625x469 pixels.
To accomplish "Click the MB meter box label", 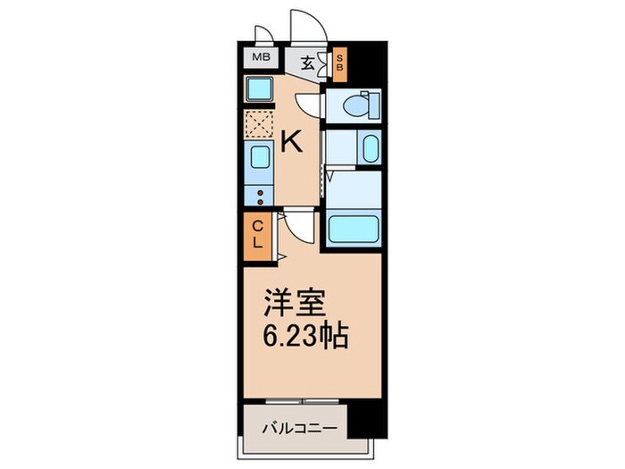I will [x=260, y=60].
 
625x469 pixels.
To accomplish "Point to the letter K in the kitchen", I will [x=291, y=140].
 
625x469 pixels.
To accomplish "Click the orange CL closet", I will [x=256, y=234].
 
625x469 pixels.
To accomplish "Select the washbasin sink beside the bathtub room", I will [x=370, y=148].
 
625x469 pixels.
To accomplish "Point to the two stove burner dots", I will [x=260, y=197].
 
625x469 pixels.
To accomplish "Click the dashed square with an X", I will [x=259, y=123].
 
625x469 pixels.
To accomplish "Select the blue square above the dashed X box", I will [x=260, y=89].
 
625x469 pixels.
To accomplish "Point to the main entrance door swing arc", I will [x=303, y=25].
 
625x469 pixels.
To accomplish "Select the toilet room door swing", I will [x=309, y=103].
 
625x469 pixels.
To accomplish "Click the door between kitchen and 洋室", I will [x=299, y=228].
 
